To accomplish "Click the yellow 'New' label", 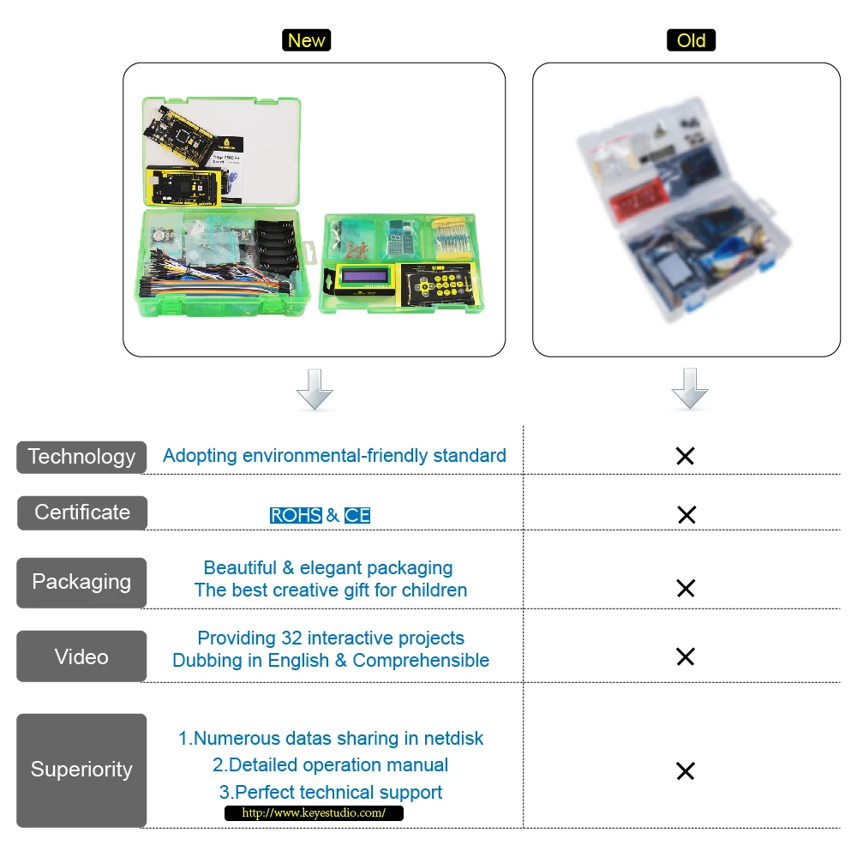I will click(x=306, y=40).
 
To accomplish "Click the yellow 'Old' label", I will click(x=691, y=40).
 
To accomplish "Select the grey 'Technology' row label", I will click(x=81, y=457).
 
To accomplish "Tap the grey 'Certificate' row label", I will click(x=82, y=512).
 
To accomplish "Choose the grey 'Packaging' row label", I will click(x=81, y=582).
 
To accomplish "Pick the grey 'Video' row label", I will click(x=81, y=656).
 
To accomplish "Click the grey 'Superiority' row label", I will click(x=81, y=770).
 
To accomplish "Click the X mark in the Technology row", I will click(x=685, y=456).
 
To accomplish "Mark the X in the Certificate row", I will click(x=686, y=514).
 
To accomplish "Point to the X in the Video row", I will click(x=685, y=656).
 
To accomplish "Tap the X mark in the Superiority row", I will click(x=685, y=771).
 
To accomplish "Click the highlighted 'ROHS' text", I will click(x=296, y=516).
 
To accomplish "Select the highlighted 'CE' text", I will click(x=357, y=516).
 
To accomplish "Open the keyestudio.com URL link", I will click(x=314, y=813).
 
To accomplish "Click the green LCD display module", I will click(x=366, y=279).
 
